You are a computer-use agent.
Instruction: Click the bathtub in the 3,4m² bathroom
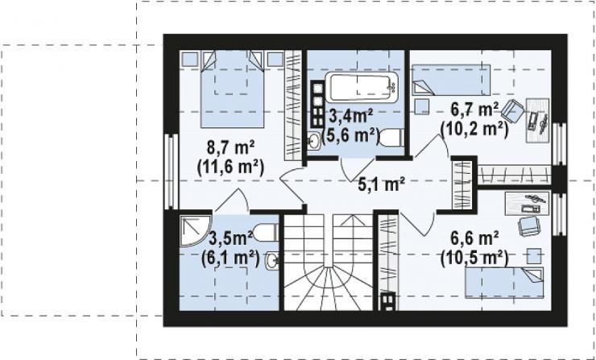[x=362, y=87]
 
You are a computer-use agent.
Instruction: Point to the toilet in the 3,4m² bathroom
[x=391, y=137]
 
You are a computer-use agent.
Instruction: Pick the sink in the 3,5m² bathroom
[x=272, y=260]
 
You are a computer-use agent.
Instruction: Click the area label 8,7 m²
[x=230, y=148]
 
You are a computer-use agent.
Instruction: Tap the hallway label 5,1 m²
[x=381, y=184]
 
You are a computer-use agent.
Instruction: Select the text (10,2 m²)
[x=474, y=130]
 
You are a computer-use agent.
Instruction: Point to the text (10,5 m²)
[x=474, y=259]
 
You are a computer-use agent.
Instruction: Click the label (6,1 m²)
[x=230, y=259]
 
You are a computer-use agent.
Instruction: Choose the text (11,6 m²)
[x=230, y=167]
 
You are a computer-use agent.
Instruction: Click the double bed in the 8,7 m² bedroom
[x=232, y=89]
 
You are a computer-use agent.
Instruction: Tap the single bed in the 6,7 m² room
[x=451, y=80]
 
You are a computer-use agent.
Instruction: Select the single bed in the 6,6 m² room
[x=504, y=283]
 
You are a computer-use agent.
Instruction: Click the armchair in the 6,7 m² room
[x=512, y=110]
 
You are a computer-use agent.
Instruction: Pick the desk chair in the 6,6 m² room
[x=529, y=226]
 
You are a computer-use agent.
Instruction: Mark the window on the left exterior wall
[x=172, y=172]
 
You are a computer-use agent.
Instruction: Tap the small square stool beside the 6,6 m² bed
[x=534, y=256]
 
